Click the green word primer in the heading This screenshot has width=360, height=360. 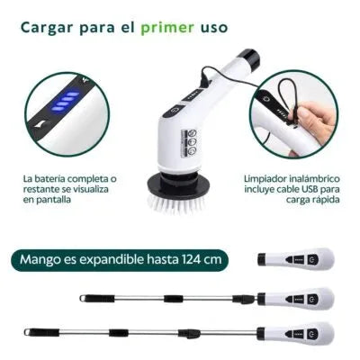pos(167,28)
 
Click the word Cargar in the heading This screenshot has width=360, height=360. pos(47,28)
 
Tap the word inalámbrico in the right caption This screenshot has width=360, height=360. pos(314,179)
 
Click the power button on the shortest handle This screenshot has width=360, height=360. pos(312,259)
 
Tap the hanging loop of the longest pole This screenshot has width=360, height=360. pos(27,332)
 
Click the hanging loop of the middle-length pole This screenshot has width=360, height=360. pos(83,298)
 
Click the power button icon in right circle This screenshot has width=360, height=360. pos(266,99)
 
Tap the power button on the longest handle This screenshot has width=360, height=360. pos(312,334)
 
